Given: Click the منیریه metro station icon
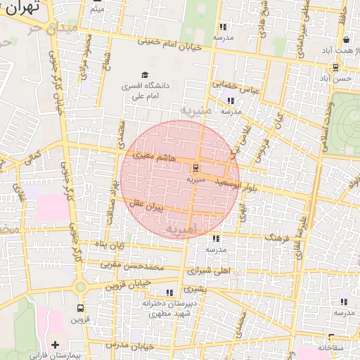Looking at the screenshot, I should pyautogui.click(x=195, y=167).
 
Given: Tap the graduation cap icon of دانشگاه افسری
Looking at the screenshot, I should pyautogui.click(x=146, y=75).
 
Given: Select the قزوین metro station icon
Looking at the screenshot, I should pyautogui.click(x=80, y=308).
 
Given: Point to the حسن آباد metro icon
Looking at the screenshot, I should pyautogui.click(x=335, y=67).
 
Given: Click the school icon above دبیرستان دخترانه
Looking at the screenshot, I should pyautogui.click(x=169, y=292).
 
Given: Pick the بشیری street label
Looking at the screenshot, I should pyautogui.click(x=197, y=289).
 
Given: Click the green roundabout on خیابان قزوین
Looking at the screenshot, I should pyautogui.click(x=80, y=286).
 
